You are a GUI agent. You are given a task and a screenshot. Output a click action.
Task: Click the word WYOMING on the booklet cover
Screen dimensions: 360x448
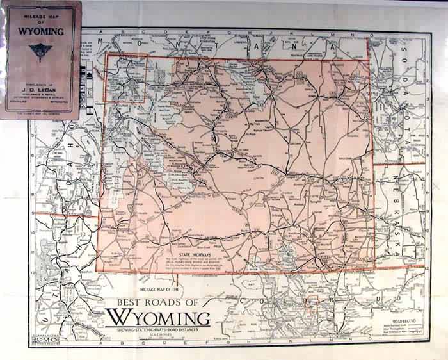(40, 30)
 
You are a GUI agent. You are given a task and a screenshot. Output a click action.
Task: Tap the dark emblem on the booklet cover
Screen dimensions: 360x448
(40, 52)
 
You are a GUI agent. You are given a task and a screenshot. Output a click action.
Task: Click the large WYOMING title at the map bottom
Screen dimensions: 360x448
(158, 317)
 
